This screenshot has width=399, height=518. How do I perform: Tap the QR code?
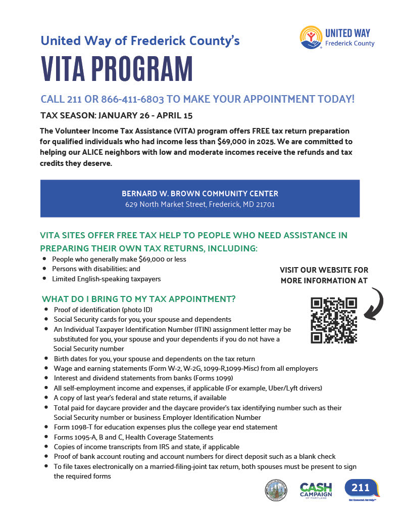[334, 320]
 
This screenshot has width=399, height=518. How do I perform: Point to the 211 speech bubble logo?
[361, 488]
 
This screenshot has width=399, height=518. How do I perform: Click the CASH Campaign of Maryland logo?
[316, 490]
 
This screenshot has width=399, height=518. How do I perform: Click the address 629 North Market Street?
[199, 205]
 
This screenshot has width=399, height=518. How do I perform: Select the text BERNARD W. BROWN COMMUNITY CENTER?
[199, 194]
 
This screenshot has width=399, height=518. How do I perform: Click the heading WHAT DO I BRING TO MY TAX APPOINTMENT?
[138, 298]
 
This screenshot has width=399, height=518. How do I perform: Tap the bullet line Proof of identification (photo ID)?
[103, 310]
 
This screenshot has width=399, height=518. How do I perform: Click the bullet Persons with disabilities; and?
[96, 269]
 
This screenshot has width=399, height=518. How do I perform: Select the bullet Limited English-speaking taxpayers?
[107, 279]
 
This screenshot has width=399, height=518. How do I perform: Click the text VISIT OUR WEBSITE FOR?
[324, 270]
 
